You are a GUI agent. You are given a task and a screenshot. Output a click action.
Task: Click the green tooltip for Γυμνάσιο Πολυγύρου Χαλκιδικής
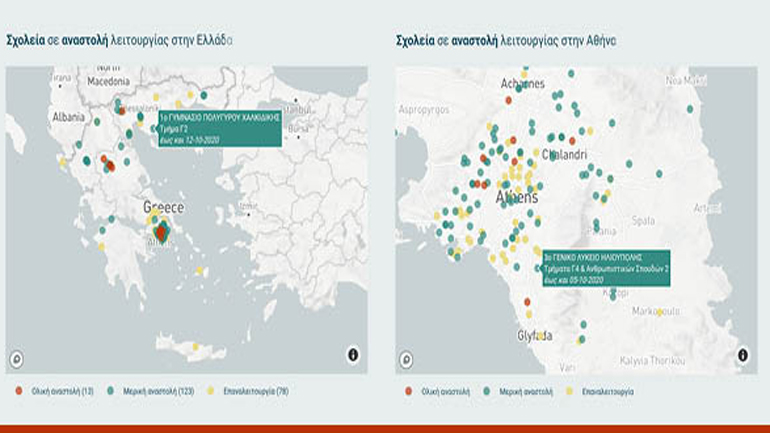tap(219, 128)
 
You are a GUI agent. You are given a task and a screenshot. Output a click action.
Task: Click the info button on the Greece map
tap(353, 355)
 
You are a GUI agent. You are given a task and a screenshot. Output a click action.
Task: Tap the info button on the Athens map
tap(742, 355)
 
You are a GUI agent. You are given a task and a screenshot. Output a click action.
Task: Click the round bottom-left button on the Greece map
tap(17, 358)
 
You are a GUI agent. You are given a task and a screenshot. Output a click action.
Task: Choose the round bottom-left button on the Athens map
tap(406, 358)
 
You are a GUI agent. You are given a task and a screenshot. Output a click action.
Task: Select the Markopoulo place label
tap(656, 311)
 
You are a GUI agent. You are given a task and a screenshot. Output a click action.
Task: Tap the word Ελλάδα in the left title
tap(212, 41)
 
